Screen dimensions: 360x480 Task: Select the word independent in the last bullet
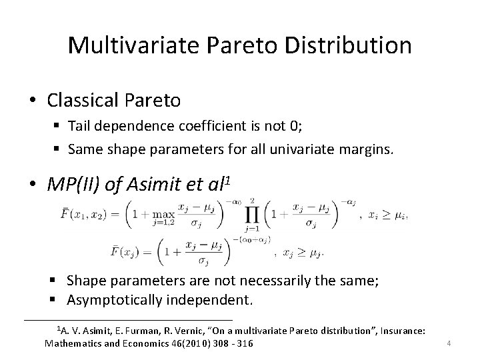[x=217, y=300]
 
